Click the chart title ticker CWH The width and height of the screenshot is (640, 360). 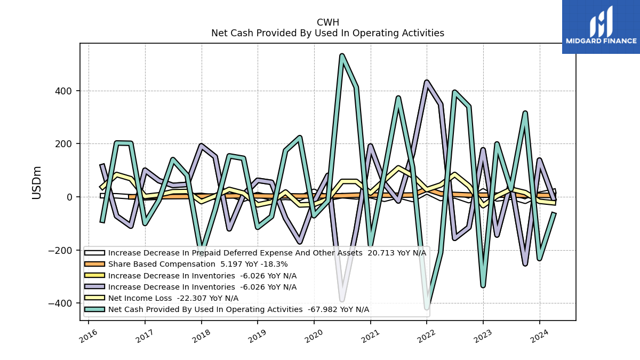tap(327, 22)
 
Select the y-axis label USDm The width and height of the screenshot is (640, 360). tap(37, 183)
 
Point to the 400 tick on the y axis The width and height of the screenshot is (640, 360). tap(63, 91)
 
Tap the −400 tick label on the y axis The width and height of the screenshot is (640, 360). tap(60, 303)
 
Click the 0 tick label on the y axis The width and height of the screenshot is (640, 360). tap(69, 197)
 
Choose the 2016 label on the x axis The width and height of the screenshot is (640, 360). tap(89, 336)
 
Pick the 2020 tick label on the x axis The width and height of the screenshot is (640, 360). tap(314, 336)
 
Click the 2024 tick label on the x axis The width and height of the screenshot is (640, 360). tap(540, 336)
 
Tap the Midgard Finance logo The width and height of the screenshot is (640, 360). tap(601, 27)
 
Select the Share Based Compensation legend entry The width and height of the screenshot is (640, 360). tap(186, 264)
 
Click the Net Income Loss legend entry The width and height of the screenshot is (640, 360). tap(162, 298)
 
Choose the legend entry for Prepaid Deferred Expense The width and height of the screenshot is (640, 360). tap(255, 253)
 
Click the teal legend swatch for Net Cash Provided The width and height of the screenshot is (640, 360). tap(94, 309)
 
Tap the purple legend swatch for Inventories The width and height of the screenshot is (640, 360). tap(94, 286)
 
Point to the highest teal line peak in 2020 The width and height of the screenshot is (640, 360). tap(342, 55)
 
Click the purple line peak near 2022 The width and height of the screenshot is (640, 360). tap(427, 82)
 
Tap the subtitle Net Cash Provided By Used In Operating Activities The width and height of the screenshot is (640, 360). tap(327, 33)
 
